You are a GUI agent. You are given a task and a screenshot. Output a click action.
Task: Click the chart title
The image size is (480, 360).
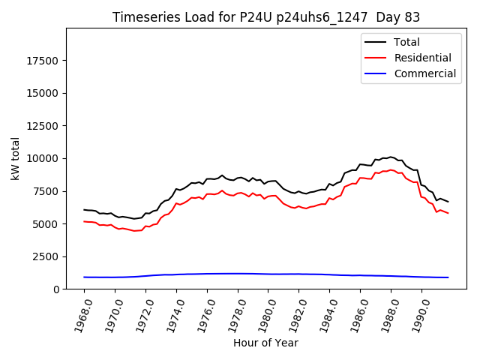[266, 16]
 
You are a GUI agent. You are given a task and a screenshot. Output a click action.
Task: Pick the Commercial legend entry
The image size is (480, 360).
[424, 73]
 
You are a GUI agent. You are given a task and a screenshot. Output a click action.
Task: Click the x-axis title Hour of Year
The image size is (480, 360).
[265, 343]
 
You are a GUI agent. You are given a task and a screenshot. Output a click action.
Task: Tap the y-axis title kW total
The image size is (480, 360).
[15, 159]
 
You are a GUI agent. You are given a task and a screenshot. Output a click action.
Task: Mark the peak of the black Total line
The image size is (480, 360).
[391, 157]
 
